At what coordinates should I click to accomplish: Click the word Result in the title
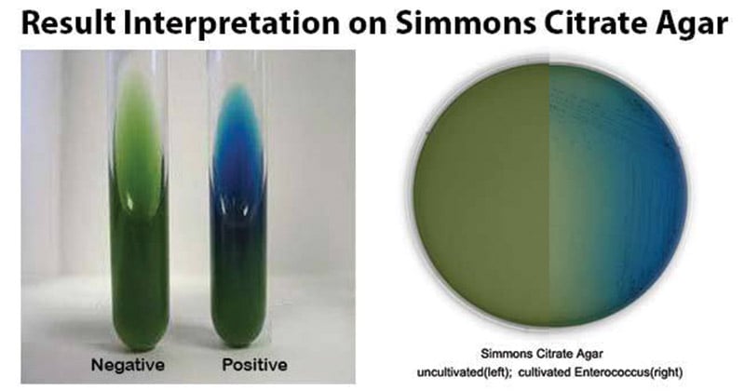coord(68,22)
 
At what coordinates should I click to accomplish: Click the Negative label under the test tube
coord(128,365)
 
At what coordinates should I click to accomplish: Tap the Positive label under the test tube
coord(254,365)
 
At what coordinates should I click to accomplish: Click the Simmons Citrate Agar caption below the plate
coord(542,354)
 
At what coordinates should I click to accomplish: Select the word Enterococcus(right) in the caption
coord(629,372)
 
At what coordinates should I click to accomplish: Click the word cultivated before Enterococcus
coord(545,372)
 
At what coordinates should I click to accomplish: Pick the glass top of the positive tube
coord(237,61)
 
